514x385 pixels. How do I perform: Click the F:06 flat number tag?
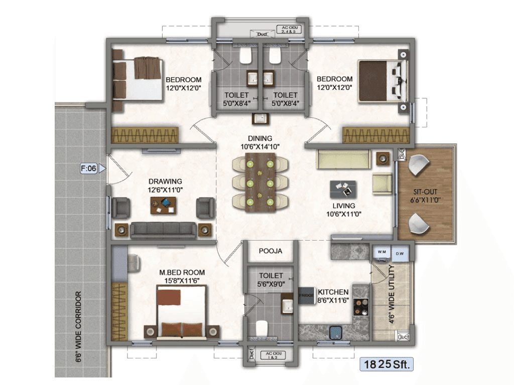(x=88, y=169)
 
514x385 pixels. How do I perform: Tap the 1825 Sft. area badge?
(x=387, y=364)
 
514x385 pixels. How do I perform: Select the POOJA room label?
(x=271, y=251)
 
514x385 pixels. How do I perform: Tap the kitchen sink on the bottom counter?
(x=336, y=331)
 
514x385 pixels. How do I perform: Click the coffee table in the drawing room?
(x=163, y=206)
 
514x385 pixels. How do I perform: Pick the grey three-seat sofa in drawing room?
(x=163, y=230)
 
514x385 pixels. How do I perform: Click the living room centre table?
(x=343, y=189)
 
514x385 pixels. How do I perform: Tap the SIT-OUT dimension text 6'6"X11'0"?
(x=426, y=200)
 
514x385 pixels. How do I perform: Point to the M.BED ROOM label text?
(x=182, y=272)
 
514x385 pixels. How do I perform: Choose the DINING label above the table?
(x=260, y=138)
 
